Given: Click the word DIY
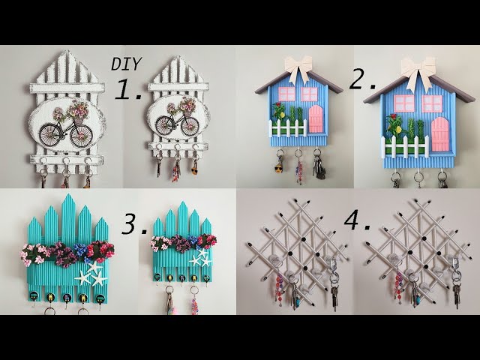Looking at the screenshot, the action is pos(126,64).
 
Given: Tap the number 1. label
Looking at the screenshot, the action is pos(128,89).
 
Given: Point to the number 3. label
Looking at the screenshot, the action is pos(134,225).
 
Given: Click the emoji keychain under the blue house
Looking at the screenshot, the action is pos(278,168).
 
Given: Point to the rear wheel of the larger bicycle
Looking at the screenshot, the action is pos(49,135).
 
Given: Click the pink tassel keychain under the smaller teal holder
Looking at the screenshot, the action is pos(195,304).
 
